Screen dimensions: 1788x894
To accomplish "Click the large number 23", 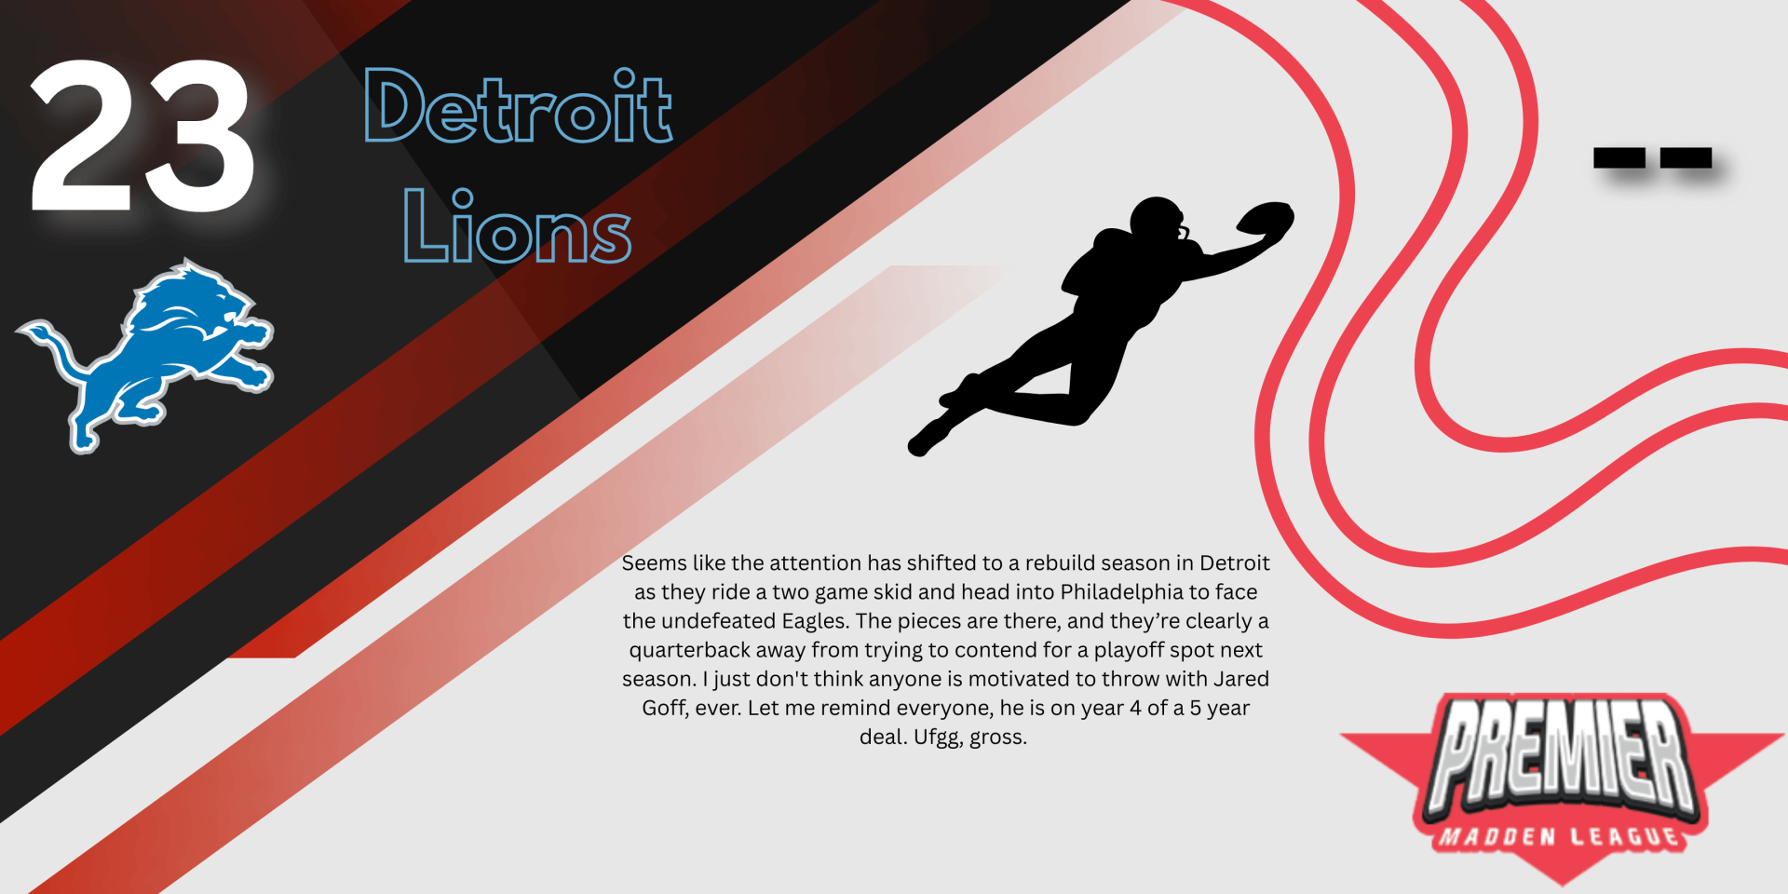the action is pos(142,136).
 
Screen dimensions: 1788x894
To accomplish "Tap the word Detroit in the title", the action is pos(518,106).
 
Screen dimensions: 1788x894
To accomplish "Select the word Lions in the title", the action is pos(517,225).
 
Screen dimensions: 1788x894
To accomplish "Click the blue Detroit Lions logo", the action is pos(145,356).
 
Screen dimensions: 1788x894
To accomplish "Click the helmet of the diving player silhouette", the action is pos(1158,222).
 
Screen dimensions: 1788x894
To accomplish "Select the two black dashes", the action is pos(1652,158).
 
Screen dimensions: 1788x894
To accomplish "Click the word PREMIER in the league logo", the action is pos(1562,755).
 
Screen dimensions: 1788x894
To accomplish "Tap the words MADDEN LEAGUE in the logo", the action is pos(1560,836).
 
